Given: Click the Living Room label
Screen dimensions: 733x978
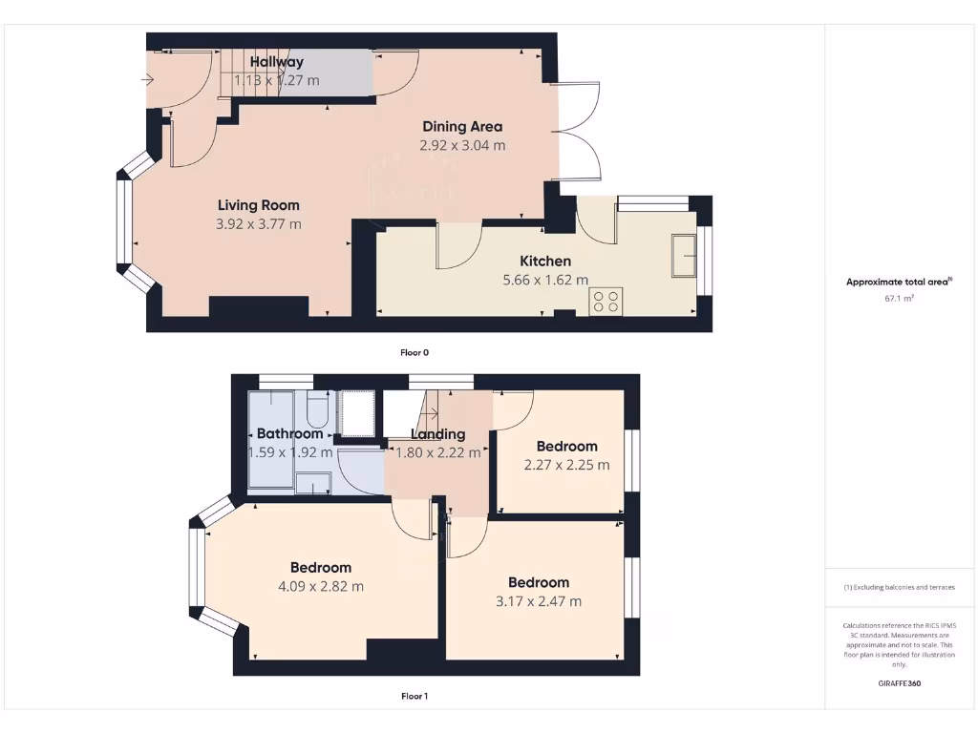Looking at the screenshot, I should (x=258, y=205).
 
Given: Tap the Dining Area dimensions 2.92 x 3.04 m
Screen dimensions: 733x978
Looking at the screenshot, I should (x=462, y=146).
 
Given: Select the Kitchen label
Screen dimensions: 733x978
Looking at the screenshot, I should (x=545, y=261).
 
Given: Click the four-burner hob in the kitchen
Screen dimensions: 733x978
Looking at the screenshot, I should (x=606, y=301).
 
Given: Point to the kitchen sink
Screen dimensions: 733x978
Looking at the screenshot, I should (x=684, y=255).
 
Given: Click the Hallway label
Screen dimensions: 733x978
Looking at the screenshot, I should (x=277, y=62).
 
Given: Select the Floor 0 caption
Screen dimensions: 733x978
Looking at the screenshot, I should (x=415, y=352).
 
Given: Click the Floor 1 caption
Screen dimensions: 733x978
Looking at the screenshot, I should (x=415, y=696).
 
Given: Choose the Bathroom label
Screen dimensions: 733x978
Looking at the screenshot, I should (x=290, y=433).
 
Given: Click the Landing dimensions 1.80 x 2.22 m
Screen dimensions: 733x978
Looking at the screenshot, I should (x=438, y=453).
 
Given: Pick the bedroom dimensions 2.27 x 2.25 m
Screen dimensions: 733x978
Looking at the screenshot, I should (x=566, y=466).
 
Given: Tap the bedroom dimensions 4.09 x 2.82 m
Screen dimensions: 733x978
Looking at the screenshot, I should (x=321, y=587).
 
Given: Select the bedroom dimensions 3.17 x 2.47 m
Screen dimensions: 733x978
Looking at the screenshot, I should (x=539, y=601).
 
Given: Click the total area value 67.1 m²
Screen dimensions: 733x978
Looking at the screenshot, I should (x=900, y=299).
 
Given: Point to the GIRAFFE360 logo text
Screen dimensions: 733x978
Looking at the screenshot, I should (x=900, y=683).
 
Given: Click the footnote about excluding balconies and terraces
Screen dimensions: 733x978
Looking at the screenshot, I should (x=900, y=587).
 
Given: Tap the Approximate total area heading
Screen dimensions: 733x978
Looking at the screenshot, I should (x=899, y=282).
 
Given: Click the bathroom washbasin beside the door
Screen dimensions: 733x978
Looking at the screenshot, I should (x=313, y=482).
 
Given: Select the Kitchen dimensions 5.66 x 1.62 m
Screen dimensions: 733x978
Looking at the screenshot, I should (x=545, y=281).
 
